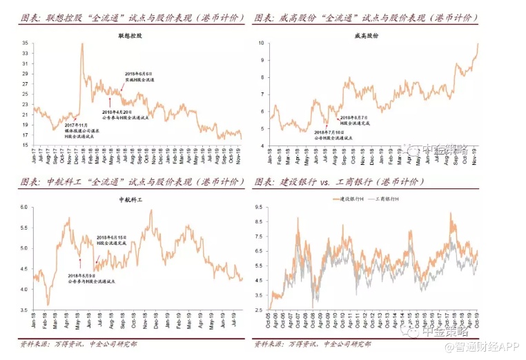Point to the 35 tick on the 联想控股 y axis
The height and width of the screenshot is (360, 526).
[x=24, y=43]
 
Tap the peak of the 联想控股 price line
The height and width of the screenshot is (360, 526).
[x=82, y=44]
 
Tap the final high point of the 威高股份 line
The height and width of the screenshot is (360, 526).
[x=478, y=44]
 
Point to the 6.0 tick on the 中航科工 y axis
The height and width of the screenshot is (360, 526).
[x=24, y=207]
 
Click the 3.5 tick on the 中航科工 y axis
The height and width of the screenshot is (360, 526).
[x=24, y=310]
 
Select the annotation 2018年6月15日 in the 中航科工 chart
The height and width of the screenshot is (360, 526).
[x=112, y=237]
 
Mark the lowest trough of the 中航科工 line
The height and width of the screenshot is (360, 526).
[x=48, y=304]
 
